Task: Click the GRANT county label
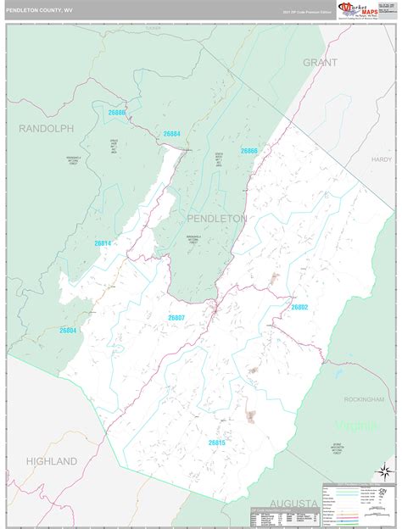coord(320,62)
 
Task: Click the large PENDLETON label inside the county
coord(217,218)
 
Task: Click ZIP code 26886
coord(117,113)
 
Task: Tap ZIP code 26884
coord(170,134)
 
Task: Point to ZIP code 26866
coord(248,151)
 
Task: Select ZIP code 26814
coord(103,243)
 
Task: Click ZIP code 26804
coord(68,331)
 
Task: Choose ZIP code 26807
coord(176,317)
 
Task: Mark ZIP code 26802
coord(299,307)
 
